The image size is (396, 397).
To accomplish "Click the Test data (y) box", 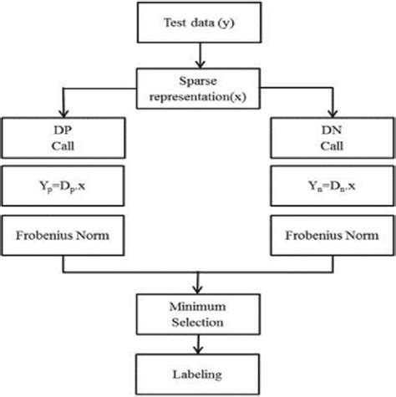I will pos(199,23).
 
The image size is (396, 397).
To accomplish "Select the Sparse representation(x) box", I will pos(199,88).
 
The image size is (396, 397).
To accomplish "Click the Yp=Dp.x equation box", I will pos(63,189).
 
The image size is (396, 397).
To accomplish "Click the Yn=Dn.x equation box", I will pos(334,189).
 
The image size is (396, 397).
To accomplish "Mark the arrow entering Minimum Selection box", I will pos(199,284).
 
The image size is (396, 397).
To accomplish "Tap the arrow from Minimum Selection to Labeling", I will pos(199,344).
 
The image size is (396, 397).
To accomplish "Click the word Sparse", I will pos(199,80).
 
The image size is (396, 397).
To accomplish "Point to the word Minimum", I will pos(199,304).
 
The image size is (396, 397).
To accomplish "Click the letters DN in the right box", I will pos(334,130).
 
